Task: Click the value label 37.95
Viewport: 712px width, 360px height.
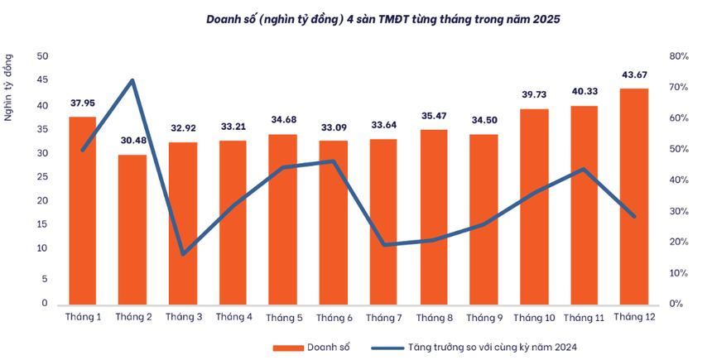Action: click(x=82, y=103)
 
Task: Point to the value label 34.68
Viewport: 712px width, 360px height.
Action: click(x=282, y=121)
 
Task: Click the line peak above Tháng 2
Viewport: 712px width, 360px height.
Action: click(x=132, y=80)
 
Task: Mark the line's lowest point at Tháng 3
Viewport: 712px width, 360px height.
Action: click(x=182, y=253)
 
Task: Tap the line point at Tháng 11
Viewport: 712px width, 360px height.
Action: click(x=584, y=169)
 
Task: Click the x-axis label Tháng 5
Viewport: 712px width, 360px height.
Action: click(x=282, y=318)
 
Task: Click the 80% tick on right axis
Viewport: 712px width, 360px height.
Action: click(x=681, y=56)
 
